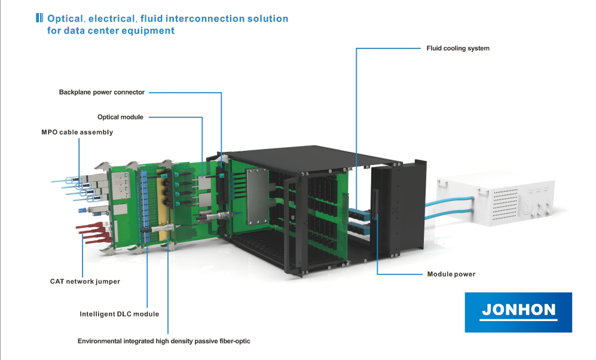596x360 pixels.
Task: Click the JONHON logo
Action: pyautogui.click(x=518, y=312)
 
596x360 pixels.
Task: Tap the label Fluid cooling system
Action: pyautogui.click(x=457, y=48)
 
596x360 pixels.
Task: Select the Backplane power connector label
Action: pyautogui.click(x=102, y=92)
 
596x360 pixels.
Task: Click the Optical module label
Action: pyautogui.click(x=120, y=117)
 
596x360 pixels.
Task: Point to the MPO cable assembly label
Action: pyautogui.click(x=73, y=132)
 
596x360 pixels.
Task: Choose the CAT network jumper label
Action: pyautogui.click(x=85, y=281)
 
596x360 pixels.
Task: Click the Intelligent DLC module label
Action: pyautogui.click(x=120, y=314)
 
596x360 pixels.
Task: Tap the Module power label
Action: pyautogui.click(x=451, y=274)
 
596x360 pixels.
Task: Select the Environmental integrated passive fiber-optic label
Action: pyautogui.click(x=164, y=341)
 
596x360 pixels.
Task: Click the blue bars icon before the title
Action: pyautogui.click(x=39, y=18)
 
